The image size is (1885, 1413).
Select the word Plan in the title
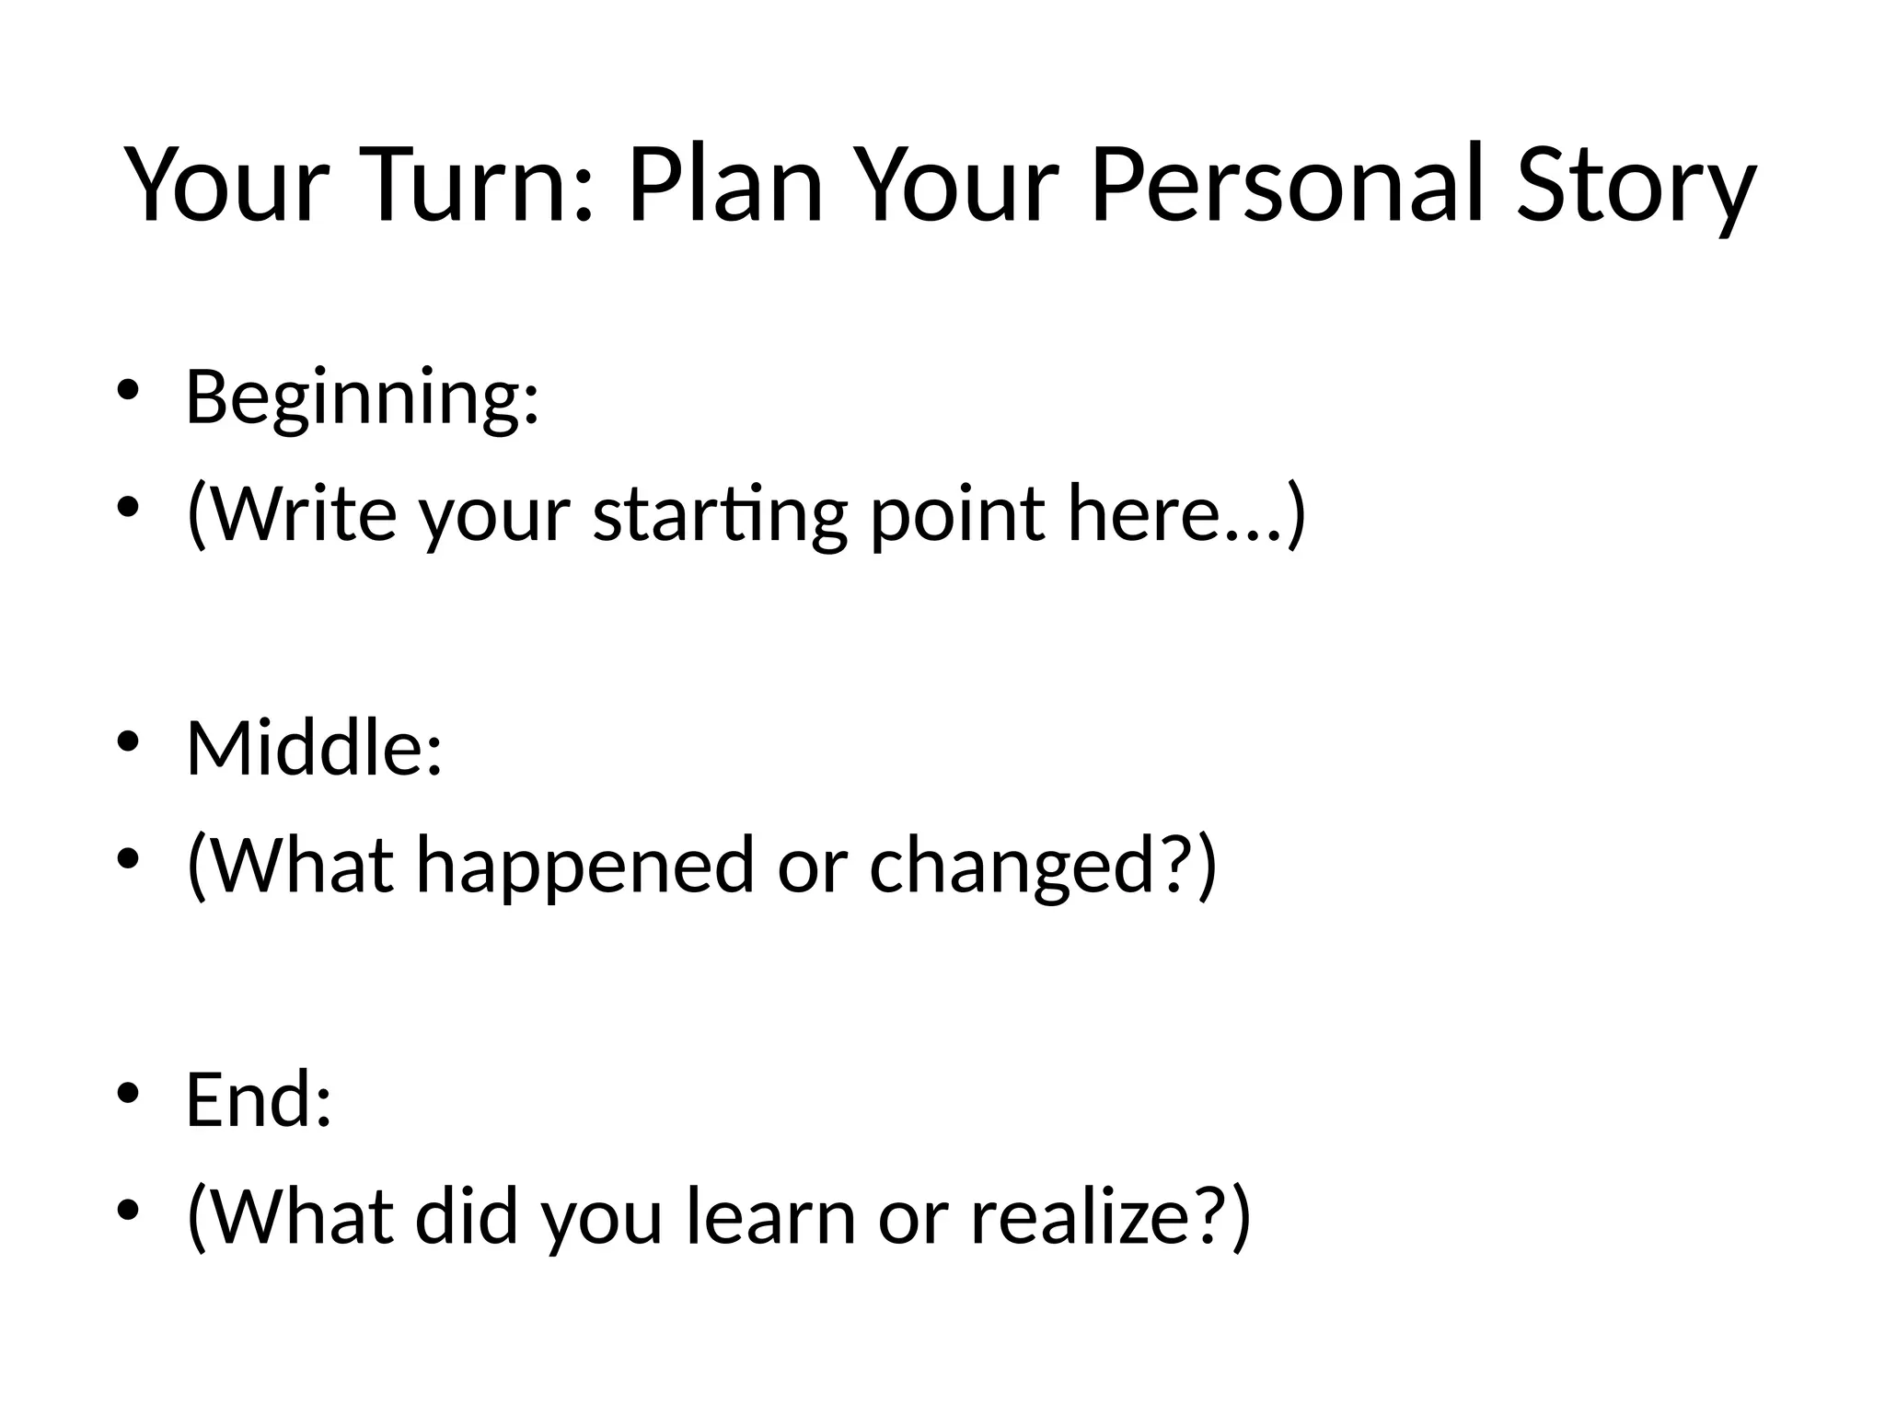point(724,187)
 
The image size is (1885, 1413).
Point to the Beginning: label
point(362,398)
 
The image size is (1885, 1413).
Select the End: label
point(258,1099)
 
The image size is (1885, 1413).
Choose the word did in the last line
point(467,1216)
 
